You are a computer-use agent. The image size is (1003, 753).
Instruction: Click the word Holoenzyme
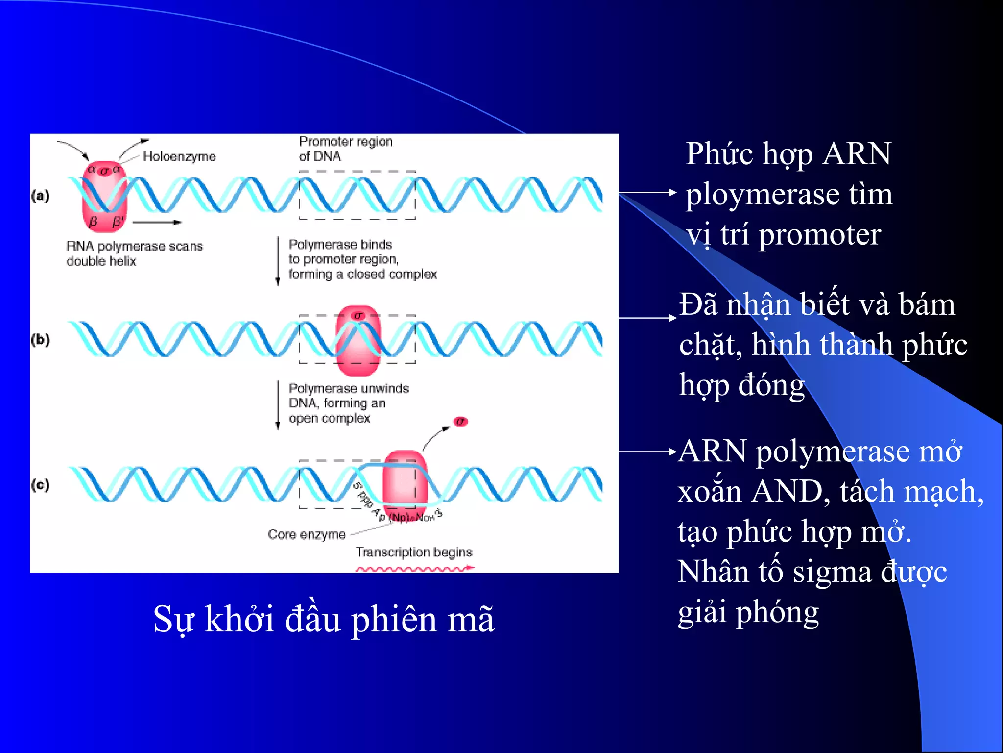tap(179, 156)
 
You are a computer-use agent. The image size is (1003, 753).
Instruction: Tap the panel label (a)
tap(40, 196)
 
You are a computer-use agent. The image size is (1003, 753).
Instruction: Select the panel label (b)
tap(40, 340)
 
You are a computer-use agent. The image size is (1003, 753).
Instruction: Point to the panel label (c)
tap(40, 485)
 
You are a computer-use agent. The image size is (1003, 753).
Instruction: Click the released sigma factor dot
tap(460, 422)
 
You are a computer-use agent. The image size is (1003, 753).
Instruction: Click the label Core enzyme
tap(307, 534)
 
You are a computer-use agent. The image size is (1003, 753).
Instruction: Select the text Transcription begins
tap(414, 552)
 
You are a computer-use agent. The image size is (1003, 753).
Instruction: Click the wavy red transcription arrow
tap(414, 569)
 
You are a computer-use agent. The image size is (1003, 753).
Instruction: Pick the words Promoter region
tap(346, 142)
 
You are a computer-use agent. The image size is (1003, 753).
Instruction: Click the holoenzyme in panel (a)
tap(104, 196)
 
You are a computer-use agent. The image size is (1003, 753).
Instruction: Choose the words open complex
tap(329, 419)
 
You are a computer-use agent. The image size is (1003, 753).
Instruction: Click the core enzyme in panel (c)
tap(405, 485)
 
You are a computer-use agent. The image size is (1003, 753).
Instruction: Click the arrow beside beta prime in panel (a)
tap(157, 223)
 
